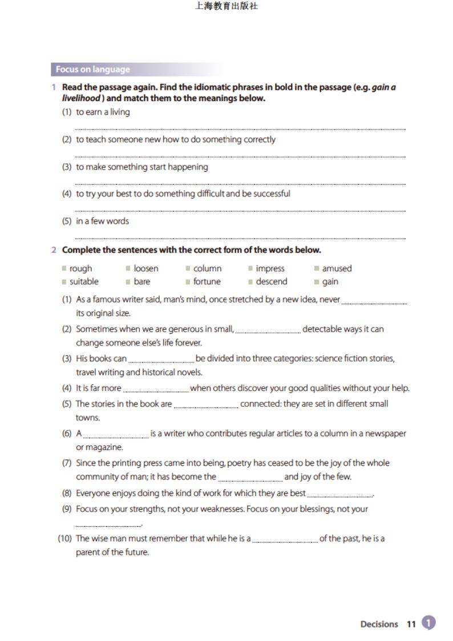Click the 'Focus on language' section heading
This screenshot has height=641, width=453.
[92, 70]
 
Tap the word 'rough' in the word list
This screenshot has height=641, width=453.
[80, 268]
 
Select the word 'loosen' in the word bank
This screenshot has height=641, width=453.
[146, 268]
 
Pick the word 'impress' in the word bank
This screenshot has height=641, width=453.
[270, 268]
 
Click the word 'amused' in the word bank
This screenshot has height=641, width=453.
[337, 268]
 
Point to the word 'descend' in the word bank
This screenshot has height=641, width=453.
[272, 281]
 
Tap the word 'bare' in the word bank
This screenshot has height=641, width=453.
[142, 281]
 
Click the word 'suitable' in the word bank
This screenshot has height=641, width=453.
[84, 281]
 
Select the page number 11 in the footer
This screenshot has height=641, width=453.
[411, 624]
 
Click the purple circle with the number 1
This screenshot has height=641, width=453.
[428, 623]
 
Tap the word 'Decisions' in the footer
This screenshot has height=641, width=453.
[379, 624]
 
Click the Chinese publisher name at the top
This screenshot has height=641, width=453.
[226, 7]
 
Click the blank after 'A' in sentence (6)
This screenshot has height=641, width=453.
[116, 435]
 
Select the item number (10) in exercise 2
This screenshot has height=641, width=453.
[64, 538]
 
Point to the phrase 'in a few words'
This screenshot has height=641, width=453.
[103, 221]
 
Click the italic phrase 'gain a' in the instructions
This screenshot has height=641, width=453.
[383, 87]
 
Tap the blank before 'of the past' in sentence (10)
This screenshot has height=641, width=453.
[285, 540]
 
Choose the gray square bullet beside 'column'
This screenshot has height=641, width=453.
[188, 268]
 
